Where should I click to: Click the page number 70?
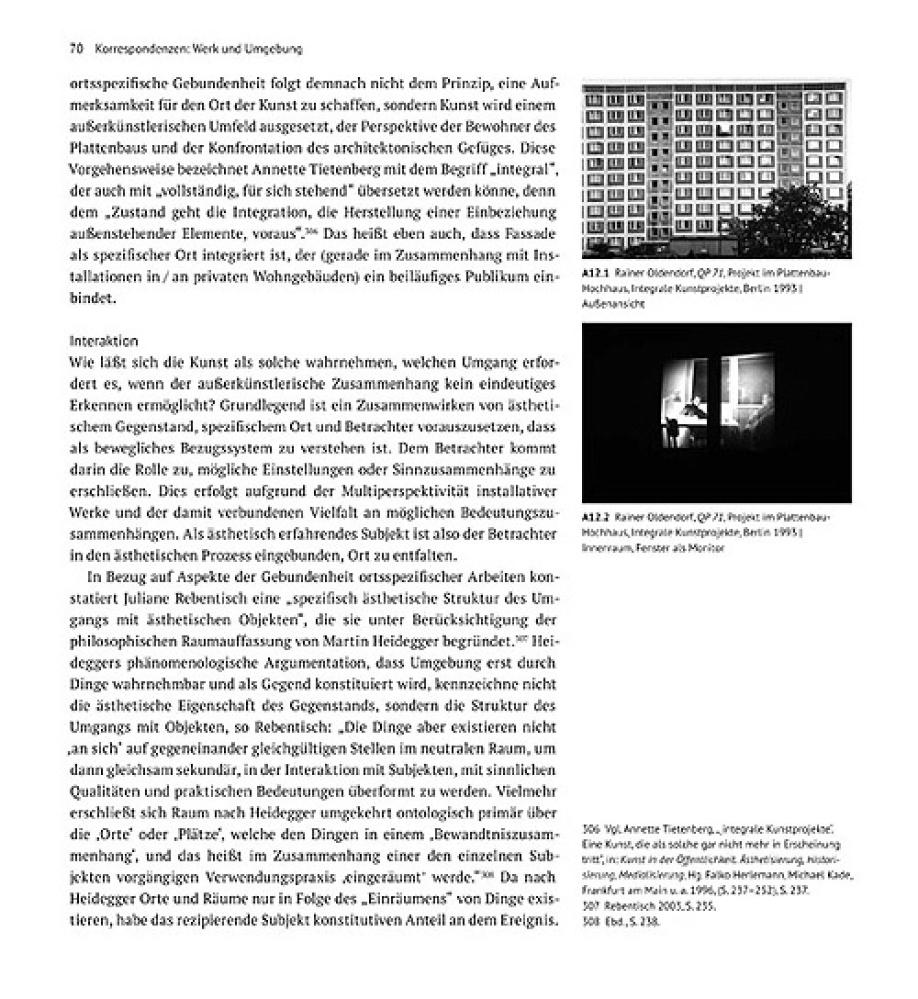coord(76,47)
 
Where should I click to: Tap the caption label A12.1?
coord(596,274)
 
